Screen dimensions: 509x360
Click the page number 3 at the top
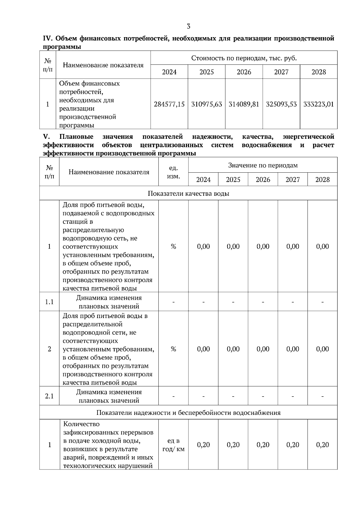pos(188,26)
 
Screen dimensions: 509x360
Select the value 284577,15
pos(169,104)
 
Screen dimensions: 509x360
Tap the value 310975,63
pos(207,104)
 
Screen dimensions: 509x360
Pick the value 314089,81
pos(244,104)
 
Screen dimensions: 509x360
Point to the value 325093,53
pos(281,104)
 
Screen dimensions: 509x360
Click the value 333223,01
pos(319,104)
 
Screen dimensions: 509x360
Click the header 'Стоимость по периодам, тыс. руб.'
pos(244,58)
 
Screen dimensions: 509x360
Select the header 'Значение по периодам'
pos(263,165)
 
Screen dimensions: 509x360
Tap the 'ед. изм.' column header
pos(173,172)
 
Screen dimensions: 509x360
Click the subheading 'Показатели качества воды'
pos(188,193)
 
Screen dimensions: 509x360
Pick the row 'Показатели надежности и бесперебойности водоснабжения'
pos(188,412)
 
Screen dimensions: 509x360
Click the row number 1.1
pos(49,302)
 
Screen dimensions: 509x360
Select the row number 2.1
pos(49,396)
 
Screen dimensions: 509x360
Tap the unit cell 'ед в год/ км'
pos(173,445)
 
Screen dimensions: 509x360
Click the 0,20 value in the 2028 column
pos(322,445)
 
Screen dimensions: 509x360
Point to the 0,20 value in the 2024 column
pos(203,445)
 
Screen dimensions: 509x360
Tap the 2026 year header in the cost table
pos(244,72)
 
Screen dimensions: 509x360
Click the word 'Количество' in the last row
pos(81,424)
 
